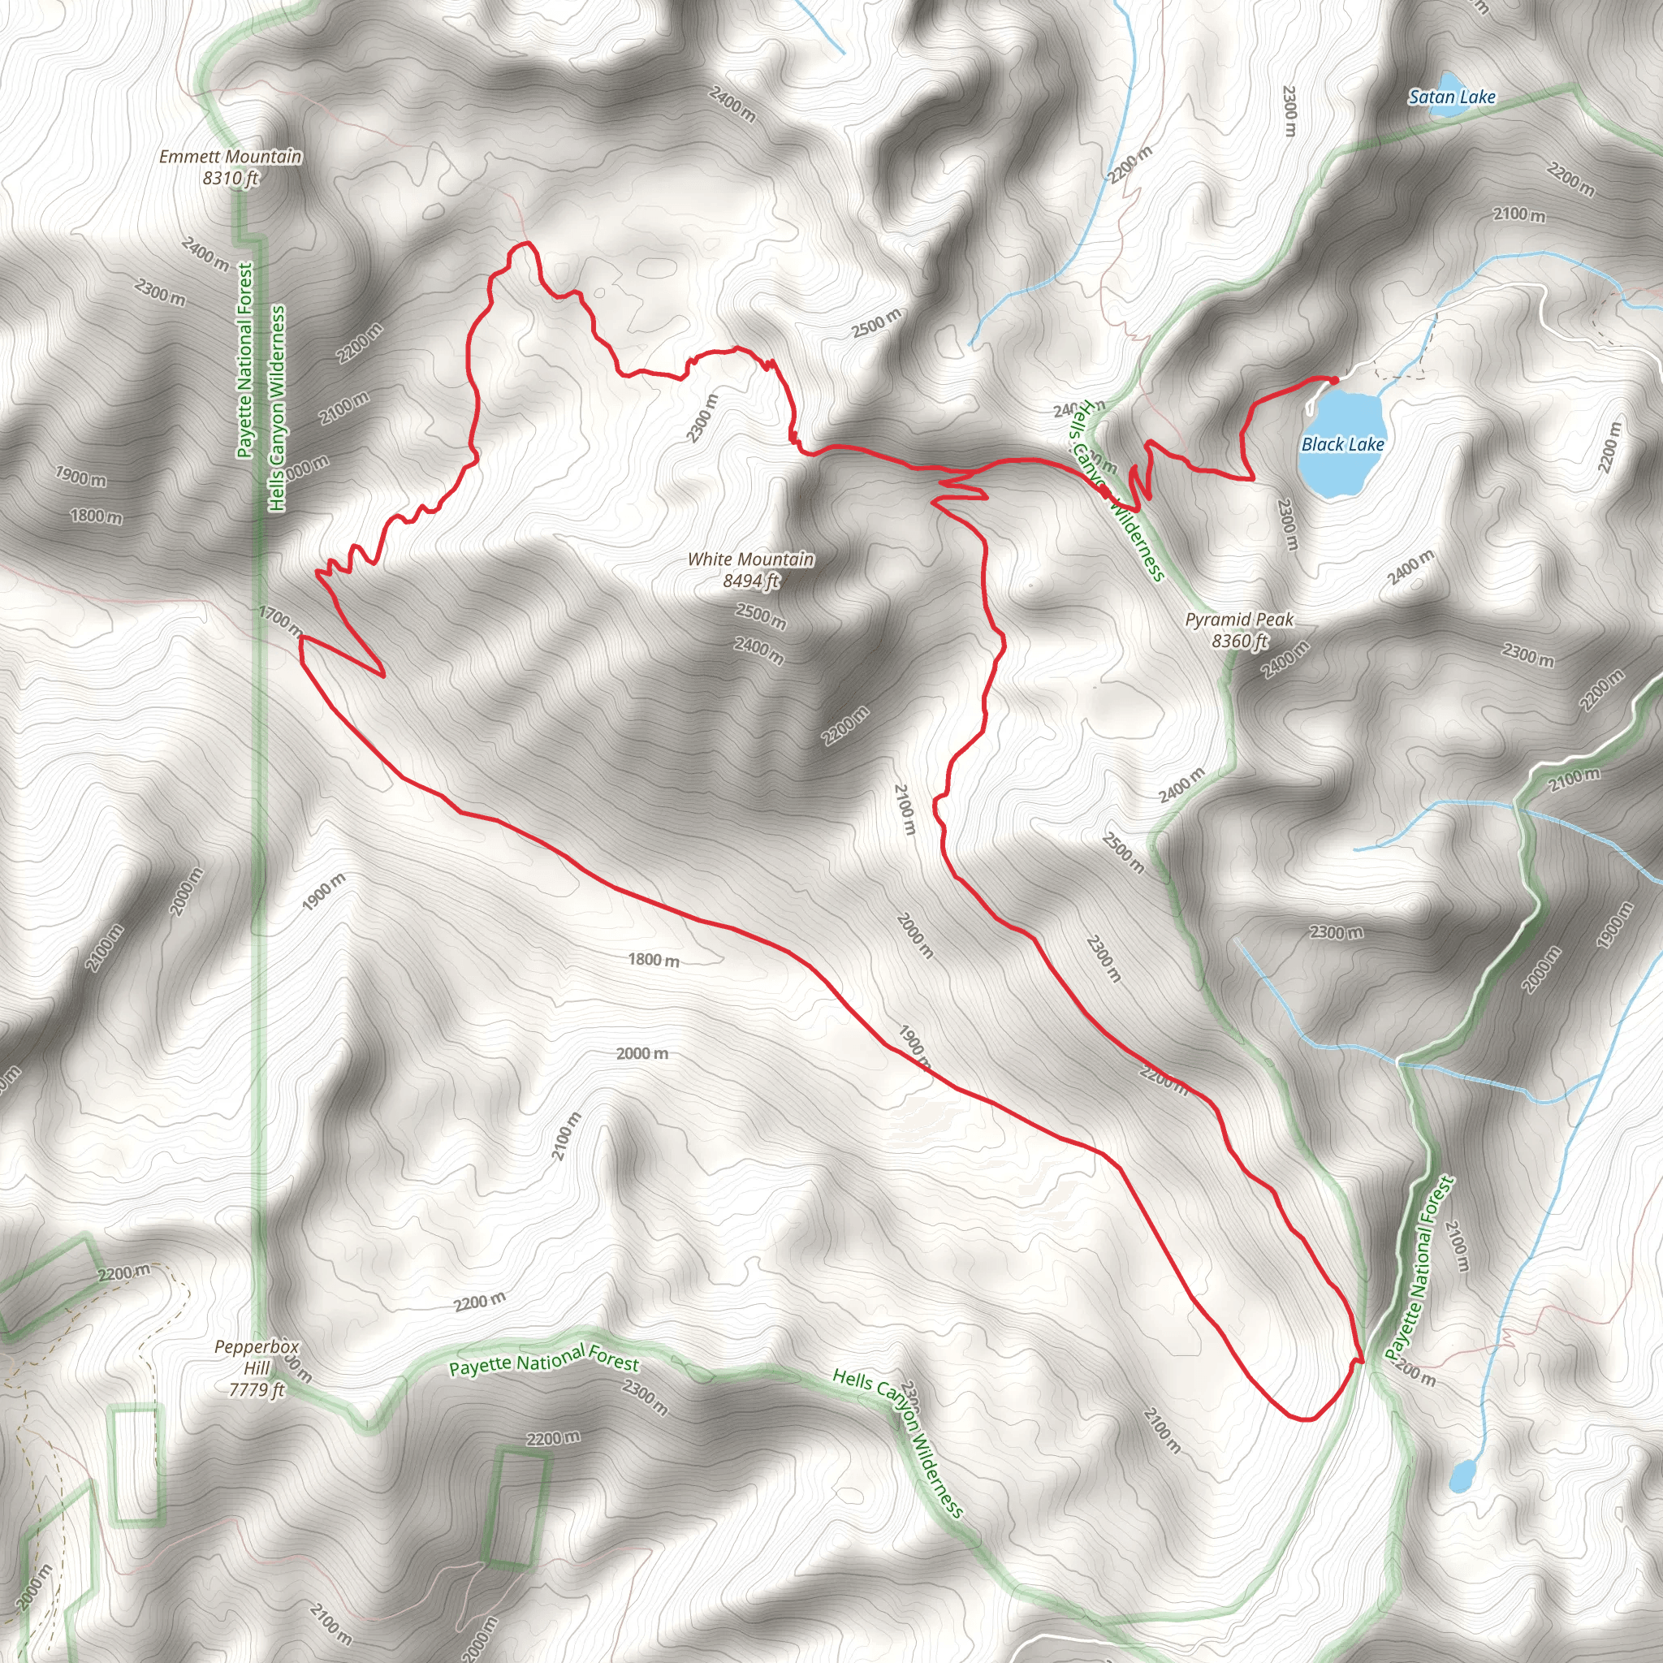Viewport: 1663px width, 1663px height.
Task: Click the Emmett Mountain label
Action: pyautogui.click(x=230, y=157)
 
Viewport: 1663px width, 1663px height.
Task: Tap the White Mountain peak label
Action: pyautogui.click(x=750, y=559)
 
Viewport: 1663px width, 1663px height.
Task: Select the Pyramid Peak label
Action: pyautogui.click(x=1238, y=620)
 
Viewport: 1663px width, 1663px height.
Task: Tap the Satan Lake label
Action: pyautogui.click(x=1451, y=97)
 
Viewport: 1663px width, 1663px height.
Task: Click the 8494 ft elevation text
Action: pyautogui.click(x=750, y=581)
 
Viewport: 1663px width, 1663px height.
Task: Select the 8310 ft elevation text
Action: pyautogui.click(x=231, y=178)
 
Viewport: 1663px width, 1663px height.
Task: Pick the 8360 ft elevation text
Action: pyautogui.click(x=1239, y=641)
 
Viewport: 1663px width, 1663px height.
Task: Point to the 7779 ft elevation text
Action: pyautogui.click(x=257, y=1389)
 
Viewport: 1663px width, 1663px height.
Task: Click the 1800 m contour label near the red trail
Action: pyautogui.click(x=654, y=960)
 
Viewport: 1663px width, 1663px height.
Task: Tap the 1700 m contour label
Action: pyautogui.click(x=280, y=620)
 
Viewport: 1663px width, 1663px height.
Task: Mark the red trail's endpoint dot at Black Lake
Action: pyautogui.click(x=1333, y=381)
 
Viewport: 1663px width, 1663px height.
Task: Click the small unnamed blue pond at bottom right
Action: pyautogui.click(x=1461, y=1477)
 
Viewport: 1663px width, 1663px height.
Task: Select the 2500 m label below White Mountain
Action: pyautogui.click(x=760, y=616)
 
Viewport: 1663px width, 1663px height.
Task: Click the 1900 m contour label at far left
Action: pyautogui.click(x=81, y=476)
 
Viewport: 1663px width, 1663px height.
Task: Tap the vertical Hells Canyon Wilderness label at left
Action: pyautogui.click(x=276, y=409)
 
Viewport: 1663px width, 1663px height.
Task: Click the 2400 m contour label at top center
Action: pyautogui.click(x=732, y=104)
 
